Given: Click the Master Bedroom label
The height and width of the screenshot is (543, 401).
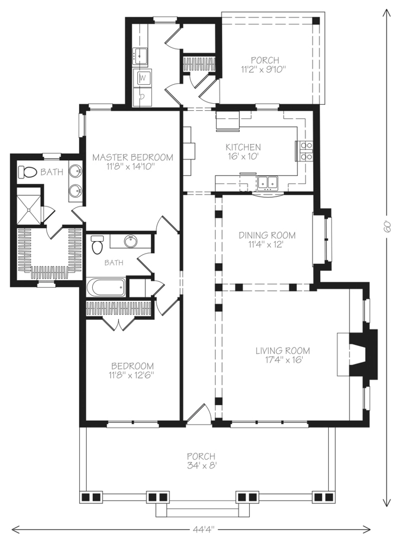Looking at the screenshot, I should (132, 157).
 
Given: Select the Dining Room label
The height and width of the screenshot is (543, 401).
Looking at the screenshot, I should (267, 235).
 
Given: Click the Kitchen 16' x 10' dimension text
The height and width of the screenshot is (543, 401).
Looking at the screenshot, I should (243, 156).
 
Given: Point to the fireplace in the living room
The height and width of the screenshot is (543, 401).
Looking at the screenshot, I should (358, 353).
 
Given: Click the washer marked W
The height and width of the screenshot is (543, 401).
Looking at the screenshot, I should (143, 78).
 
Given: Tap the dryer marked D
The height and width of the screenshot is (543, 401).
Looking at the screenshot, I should (143, 97).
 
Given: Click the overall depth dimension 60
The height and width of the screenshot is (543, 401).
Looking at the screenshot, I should (387, 227).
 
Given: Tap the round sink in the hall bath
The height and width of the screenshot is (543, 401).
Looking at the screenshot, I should (130, 241).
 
